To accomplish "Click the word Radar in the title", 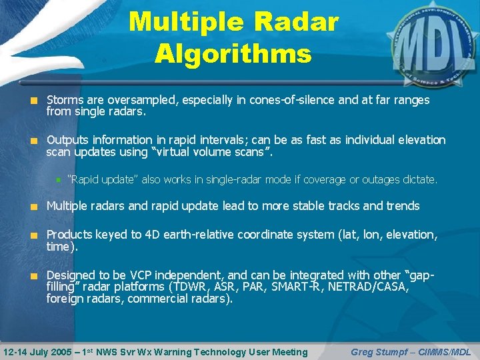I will [290, 22].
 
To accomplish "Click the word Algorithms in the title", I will [233, 53].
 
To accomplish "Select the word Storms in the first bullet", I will [65, 100].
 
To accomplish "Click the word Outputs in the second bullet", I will [67, 140].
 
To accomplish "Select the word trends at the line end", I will [402, 206].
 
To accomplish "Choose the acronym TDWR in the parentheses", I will [190, 287].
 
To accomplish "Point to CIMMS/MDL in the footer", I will [446, 351].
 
